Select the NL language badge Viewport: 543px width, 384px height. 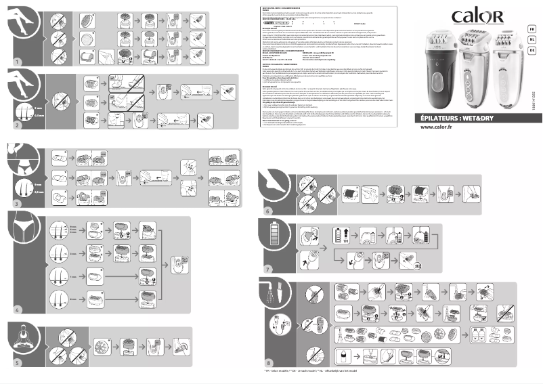pos(533,39)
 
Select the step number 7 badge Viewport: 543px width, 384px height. pos(268,269)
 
